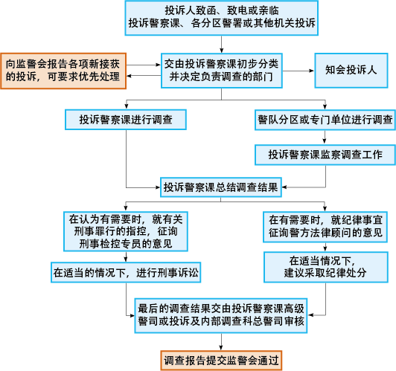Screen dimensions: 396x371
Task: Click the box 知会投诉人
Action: [x=351, y=71]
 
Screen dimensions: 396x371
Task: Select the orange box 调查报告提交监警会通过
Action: [x=221, y=361]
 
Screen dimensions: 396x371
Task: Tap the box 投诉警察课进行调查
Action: [x=126, y=120]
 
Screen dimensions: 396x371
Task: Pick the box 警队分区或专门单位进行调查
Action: [x=325, y=120]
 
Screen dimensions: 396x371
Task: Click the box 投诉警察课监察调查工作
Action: [x=325, y=155]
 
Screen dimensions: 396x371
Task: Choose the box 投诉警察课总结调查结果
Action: [x=221, y=187]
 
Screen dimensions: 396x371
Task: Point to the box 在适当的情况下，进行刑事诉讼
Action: [x=126, y=272]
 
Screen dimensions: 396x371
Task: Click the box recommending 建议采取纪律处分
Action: [x=326, y=267]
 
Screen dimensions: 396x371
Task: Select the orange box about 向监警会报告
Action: [x=63, y=71]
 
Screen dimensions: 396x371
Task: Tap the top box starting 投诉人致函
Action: [x=222, y=18]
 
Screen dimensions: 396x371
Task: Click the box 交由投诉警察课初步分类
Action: [x=222, y=71]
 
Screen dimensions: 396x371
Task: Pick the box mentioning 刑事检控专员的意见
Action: [x=126, y=231]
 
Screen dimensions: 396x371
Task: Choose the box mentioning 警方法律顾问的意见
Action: [x=325, y=227]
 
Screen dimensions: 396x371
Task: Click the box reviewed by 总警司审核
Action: [x=221, y=315]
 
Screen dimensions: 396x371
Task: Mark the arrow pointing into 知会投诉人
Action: [x=298, y=71]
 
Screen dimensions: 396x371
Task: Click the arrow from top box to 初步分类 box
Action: [x=222, y=44]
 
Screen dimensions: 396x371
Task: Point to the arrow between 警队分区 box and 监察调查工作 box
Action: [x=325, y=138]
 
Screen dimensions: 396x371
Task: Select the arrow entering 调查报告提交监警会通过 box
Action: [x=221, y=342]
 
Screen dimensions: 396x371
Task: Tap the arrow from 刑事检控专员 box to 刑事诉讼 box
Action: [x=126, y=257]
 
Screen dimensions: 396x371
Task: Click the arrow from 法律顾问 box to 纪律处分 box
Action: [x=325, y=247]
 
